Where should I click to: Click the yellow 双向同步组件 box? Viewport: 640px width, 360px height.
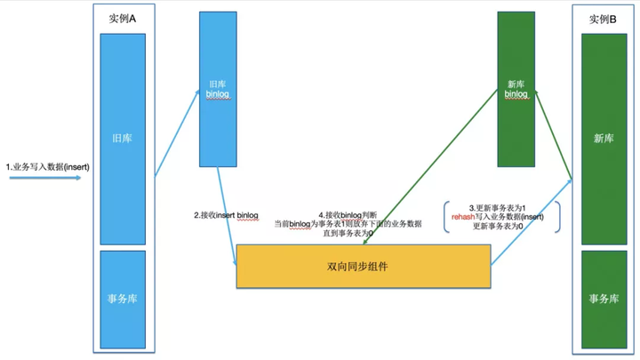click(363, 266)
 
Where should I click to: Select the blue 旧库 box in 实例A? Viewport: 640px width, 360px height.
click(123, 139)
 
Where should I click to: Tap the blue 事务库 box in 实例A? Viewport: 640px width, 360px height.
click(123, 298)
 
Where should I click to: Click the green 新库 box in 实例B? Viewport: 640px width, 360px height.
click(604, 138)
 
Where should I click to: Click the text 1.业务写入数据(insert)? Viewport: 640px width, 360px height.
click(47, 166)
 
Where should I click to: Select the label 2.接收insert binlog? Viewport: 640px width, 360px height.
click(227, 215)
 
